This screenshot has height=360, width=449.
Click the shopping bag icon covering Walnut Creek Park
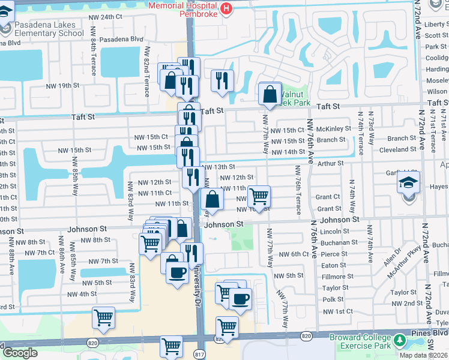pos(270,94)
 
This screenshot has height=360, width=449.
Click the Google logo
pos(20,353)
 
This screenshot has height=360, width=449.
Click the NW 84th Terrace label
pos(94,59)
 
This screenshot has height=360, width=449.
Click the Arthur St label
pos(331,162)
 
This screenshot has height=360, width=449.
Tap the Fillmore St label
pos(335,277)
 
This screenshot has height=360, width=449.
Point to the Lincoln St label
pos(334,232)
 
